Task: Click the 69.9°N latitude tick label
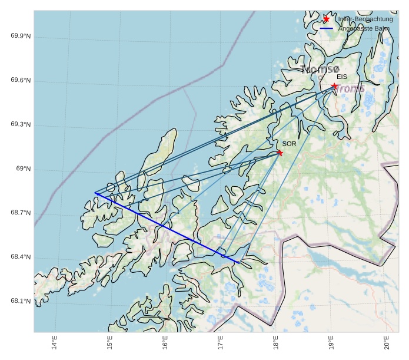[21, 37]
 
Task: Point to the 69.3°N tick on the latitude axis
[21, 125]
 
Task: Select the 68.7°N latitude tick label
[21, 213]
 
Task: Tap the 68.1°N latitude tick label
[21, 302]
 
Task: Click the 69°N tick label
[23, 169]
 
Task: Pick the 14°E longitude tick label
[54, 342]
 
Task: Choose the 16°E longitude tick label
[165, 342]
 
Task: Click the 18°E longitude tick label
[275, 342]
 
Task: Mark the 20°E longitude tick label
[386, 342]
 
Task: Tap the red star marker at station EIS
[334, 86]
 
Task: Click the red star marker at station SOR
[280, 153]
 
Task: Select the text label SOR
[288, 143]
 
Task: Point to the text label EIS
[342, 77]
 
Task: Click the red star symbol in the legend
[326, 19]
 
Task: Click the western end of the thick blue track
[95, 193]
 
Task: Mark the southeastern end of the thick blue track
[238, 262]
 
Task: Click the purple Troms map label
[351, 88]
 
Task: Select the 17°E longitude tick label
[220, 342]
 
